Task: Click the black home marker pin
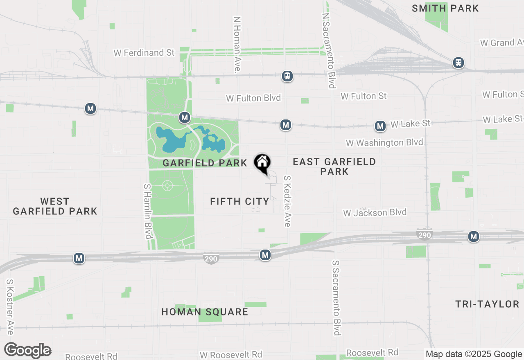[x=262, y=164]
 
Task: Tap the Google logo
[x=27, y=351]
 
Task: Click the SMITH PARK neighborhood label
[x=445, y=8]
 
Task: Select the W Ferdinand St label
[x=144, y=53]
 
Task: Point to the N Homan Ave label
[x=237, y=44]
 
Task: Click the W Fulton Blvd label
[x=253, y=98]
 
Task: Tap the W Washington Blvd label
[x=384, y=143]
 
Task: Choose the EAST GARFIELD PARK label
[x=334, y=166]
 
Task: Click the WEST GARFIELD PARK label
[x=55, y=206]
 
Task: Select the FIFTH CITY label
[x=239, y=201]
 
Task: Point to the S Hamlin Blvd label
[x=148, y=211]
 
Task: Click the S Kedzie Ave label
[x=287, y=201]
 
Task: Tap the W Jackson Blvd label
[x=375, y=213]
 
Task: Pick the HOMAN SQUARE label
[x=205, y=312]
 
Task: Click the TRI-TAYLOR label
[x=487, y=304]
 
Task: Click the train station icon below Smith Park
[x=458, y=63]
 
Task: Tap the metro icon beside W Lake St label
[x=380, y=126]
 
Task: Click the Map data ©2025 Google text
[x=474, y=354]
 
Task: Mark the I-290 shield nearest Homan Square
[x=211, y=258]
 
